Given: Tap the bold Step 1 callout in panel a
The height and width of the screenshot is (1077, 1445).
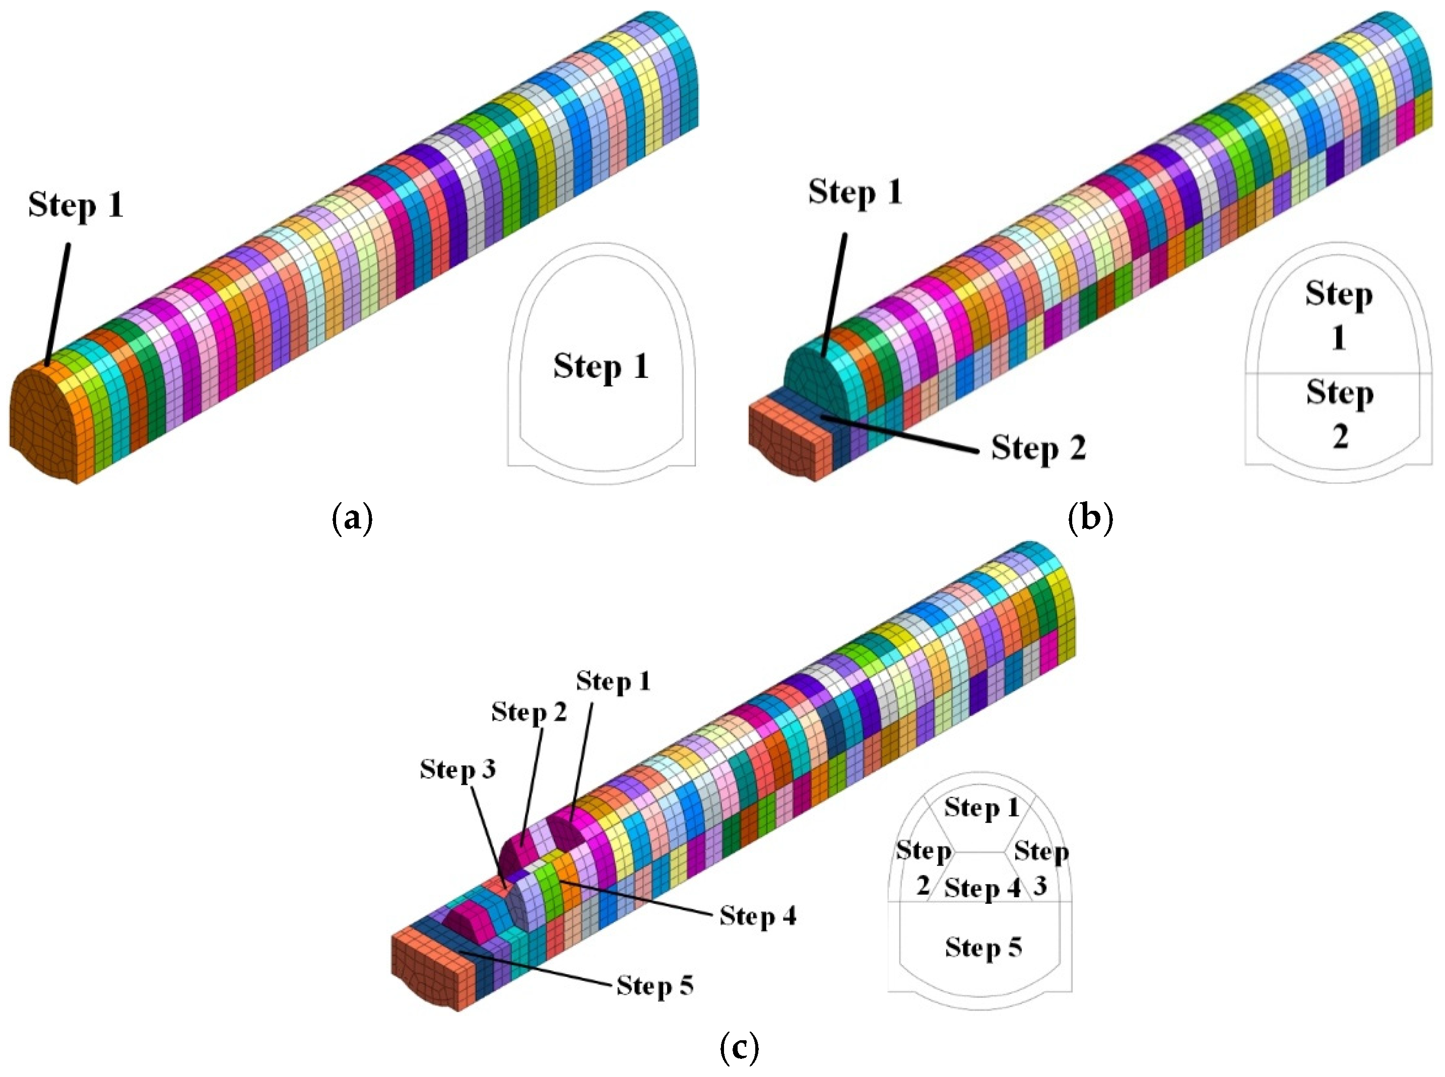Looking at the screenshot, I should click(x=76, y=206).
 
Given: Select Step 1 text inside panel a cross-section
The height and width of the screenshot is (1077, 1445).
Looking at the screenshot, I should click(x=601, y=366).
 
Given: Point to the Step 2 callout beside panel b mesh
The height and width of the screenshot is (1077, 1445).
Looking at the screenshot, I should click(x=1038, y=448).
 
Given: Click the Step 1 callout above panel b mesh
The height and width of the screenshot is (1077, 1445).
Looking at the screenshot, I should click(x=855, y=193).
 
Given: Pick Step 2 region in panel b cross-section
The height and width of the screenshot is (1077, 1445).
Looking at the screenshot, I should click(x=1339, y=414).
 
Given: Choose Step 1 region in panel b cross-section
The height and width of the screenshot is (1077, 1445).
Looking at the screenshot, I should click(x=1339, y=315).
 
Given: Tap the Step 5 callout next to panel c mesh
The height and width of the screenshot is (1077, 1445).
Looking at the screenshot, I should click(x=654, y=985).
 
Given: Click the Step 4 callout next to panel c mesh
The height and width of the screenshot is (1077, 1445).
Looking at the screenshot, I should click(x=758, y=916).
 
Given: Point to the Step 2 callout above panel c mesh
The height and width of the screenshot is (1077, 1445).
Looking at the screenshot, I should click(x=529, y=712).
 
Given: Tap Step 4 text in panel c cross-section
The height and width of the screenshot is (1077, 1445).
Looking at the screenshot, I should click(x=982, y=888).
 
